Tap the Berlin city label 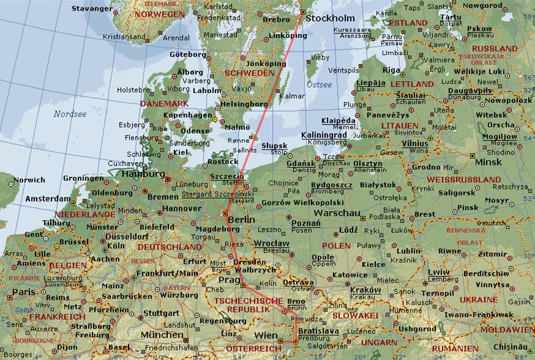(x=241, y=219)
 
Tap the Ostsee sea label (x=319, y=85)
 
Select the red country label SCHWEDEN (x=249, y=72)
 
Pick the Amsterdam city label (x=47, y=199)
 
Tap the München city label (x=161, y=334)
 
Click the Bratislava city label (x=319, y=331)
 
